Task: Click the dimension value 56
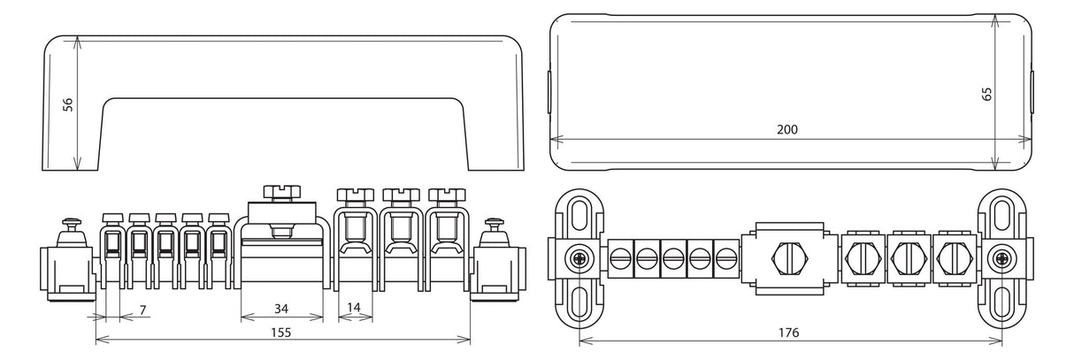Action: tap(69, 104)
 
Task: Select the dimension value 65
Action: tap(986, 94)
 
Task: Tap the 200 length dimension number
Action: tap(787, 129)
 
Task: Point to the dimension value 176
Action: tap(789, 333)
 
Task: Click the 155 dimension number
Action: tap(281, 333)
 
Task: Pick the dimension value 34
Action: tap(281, 309)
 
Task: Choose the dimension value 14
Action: tap(353, 307)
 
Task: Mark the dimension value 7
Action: tap(143, 310)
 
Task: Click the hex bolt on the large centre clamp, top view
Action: tap(790, 259)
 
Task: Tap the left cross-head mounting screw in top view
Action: tap(579, 259)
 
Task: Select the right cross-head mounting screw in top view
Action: tap(1001, 259)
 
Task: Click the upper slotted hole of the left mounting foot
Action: tap(579, 215)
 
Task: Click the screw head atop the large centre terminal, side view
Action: tap(282, 193)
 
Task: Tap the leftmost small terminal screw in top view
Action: tap(620, 259)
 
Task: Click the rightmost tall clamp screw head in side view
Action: tap(447, 195)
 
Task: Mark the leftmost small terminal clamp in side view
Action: tap(112, 252)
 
